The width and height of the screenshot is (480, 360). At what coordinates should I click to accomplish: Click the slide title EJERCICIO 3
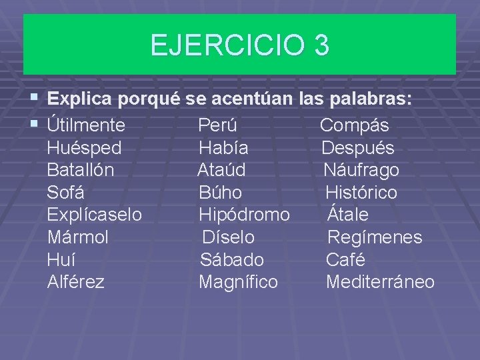coord(239,45)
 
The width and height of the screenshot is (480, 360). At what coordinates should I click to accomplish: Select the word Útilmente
coord(87,125)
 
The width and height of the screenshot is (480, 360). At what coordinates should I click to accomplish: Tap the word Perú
coord(218,125)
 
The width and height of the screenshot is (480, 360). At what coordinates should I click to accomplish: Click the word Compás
coord(355,125)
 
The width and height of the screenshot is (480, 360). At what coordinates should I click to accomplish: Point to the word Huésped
coord(84,148)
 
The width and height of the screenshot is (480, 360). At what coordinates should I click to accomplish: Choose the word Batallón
coord(81,170)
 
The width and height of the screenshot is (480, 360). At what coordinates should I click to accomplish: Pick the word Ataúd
coord(221,170)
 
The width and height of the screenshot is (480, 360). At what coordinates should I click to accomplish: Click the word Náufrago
coord(361,170)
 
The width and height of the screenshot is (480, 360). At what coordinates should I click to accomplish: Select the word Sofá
coord(65,193)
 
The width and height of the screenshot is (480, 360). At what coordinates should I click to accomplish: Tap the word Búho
coord(221,193)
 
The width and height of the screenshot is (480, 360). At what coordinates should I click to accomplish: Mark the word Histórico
coord(361,193)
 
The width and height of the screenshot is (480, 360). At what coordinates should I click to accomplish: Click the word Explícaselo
coord(95,215)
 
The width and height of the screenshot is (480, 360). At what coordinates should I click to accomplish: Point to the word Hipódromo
coord(245,215)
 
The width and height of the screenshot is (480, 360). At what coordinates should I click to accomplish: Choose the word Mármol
coord(78,237)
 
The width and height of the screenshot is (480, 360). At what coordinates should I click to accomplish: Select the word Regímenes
coord(375,237)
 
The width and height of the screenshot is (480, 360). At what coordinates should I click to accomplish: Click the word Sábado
coord(232,259)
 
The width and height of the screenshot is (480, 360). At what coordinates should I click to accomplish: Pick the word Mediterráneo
coord(380,282)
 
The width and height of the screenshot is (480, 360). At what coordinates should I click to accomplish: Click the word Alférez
coord(76,282)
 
